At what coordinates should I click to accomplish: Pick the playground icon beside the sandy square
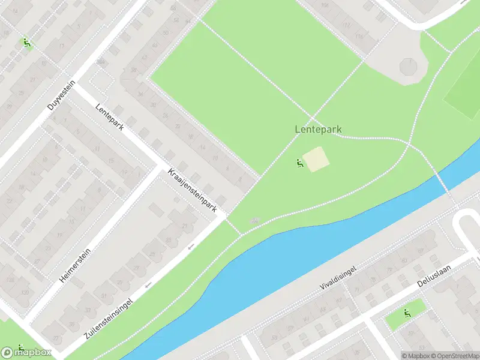[x=299, y=163]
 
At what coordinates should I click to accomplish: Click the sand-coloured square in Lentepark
[x=316, y=160]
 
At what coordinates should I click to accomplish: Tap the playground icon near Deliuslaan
[x=407, y=313]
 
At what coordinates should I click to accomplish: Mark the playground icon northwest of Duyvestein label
[x=26, y=43]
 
